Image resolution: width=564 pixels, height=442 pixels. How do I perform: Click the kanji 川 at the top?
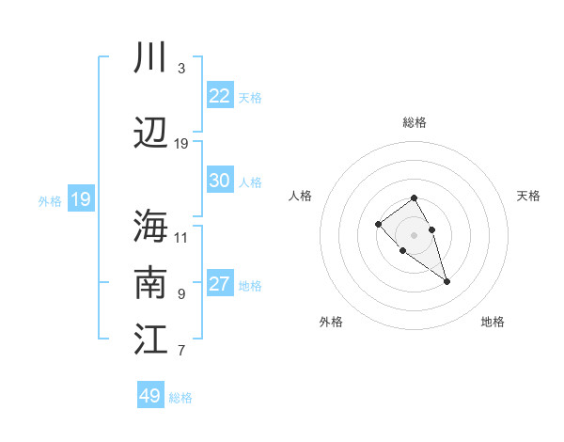150,58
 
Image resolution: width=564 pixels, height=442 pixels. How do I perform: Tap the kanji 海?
150,227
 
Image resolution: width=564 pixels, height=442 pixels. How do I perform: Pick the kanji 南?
150,283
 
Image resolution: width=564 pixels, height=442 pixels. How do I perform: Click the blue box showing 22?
219,96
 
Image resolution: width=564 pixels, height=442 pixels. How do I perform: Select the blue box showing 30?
219,181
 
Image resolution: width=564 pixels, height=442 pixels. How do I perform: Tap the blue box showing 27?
219,284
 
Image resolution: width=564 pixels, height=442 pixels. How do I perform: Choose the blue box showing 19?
80,199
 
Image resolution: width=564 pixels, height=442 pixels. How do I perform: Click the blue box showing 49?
150,396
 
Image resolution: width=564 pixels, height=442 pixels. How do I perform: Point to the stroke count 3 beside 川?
180,69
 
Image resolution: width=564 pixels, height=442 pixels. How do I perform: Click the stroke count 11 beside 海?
181,237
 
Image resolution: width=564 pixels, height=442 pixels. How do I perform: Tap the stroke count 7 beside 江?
180,351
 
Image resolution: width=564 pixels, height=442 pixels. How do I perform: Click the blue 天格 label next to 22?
250,97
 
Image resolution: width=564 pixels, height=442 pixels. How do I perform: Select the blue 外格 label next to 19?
50,200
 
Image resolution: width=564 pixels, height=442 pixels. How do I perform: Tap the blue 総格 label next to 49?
180,398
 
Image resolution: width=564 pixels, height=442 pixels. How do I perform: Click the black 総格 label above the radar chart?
415,122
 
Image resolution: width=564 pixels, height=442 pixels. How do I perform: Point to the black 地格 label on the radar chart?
493,322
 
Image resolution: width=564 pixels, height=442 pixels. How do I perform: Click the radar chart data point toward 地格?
446,281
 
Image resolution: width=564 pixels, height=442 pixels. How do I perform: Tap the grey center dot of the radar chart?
415,234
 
